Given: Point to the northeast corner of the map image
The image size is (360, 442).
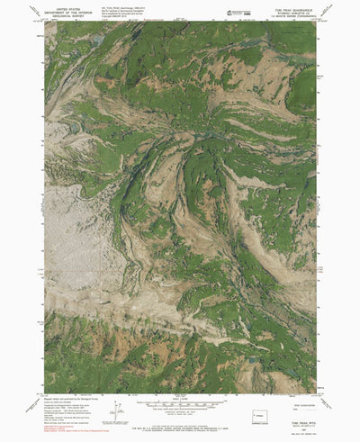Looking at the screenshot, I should tap(316, 23).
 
